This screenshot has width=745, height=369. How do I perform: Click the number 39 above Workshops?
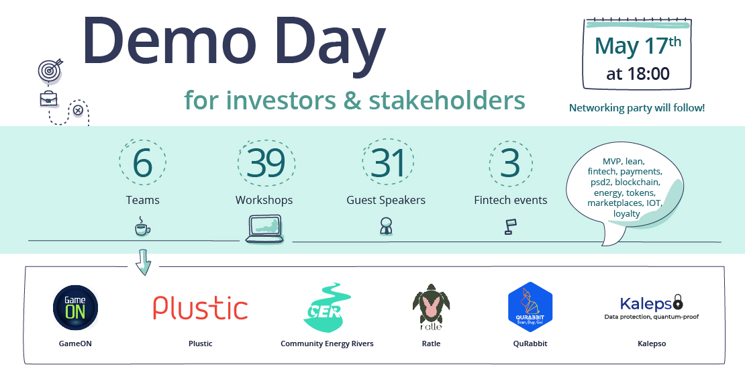(x=266, y=163)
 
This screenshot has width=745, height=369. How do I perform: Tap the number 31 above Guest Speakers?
(x=388, y=163)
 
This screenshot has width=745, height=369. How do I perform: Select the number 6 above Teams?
(x=142, y=163)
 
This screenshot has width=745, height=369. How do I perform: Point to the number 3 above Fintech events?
(x=510, y=163)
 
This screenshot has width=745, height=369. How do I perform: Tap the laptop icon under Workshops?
(x=264, y=229)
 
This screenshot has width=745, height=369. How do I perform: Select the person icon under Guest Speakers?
(x=385, y=227)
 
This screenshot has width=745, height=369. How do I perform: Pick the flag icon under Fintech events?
(x=510, y=227)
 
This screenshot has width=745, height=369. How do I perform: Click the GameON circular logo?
(x=75, y=307)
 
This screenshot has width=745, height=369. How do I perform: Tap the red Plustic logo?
(x=201, y=308)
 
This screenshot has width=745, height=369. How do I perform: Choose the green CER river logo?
(x=327, y=307)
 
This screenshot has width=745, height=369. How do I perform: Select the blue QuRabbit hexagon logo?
(x=530, y=307)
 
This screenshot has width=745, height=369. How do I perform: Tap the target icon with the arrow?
(x=50, y=70)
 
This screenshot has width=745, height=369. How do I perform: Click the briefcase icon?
(x=49, y=99)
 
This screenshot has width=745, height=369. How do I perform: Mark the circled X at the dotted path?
(x=78, y=111)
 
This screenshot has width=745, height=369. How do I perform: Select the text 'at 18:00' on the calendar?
(x=638, y=74)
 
